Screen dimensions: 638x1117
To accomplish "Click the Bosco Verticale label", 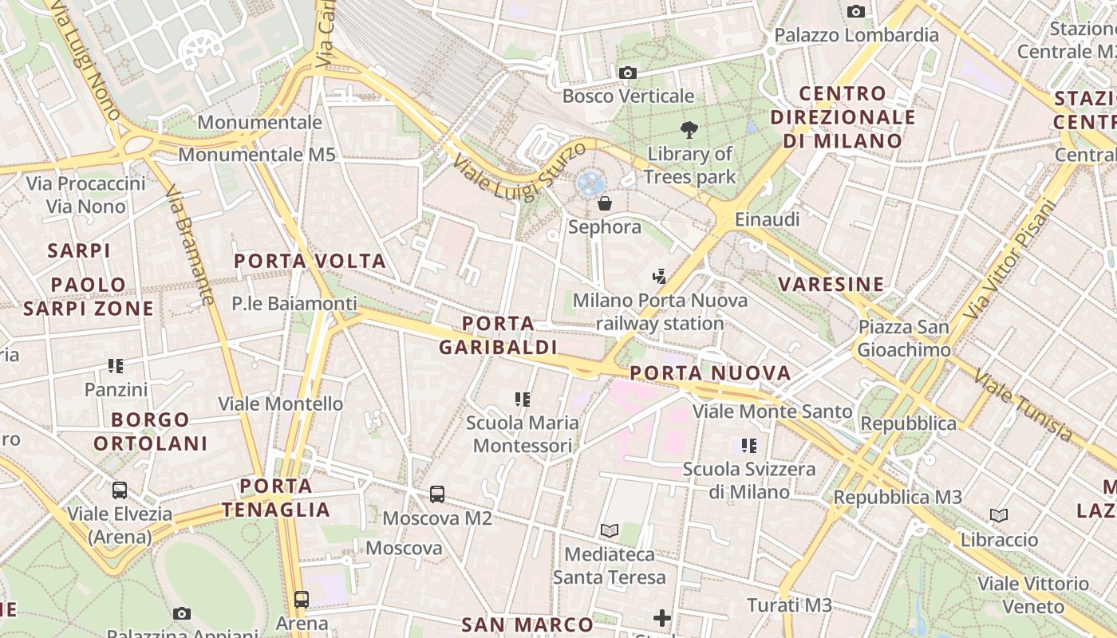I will pyautogui.click(x=628, y=96).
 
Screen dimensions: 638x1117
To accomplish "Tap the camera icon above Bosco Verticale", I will pyautogui.click(x=628, y=73).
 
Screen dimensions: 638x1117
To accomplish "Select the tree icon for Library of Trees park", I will pyautogui.click(x=689, y=130).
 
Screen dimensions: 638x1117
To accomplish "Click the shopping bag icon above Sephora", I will pyautogui.click(x=605, y=203).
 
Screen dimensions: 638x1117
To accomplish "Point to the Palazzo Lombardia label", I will pyautogui.click(x=856, y=35).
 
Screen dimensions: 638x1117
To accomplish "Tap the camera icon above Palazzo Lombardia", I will pyautogui.click(x=856, y=11).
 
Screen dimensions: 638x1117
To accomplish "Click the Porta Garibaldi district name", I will pyautogui.click(x=498, y=335).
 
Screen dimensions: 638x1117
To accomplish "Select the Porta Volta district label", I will pyautogui.click(x=310, y=261).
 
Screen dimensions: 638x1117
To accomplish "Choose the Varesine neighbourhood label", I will pyautogui.click(x=831, y=284).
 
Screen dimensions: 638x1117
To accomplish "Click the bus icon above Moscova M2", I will pyautogui.click(x=437, y=494).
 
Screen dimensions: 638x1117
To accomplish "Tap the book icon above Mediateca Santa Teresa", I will pyautogui.click(x=610, y=530).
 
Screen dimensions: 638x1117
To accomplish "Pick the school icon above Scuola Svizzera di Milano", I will pyautogui.click(x=748, y=445).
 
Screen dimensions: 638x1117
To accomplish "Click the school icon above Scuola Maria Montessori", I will pyautogui.click(x=523, y=399).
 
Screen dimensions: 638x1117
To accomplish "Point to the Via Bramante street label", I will pyautogui.click(x=191, y=246).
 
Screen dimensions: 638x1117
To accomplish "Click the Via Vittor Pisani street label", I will pyautogui.click(x=1009, y=259).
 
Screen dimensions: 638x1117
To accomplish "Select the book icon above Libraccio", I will pyautogui.click(x=999, y=516).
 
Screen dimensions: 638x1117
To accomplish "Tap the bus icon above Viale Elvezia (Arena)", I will pyautogui.click(x=120, y=490).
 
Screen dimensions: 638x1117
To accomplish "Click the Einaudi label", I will pyautogui.click(x=767, y=219).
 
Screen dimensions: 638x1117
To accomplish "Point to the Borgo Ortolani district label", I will pyautogui.click(x=151, y=431).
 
